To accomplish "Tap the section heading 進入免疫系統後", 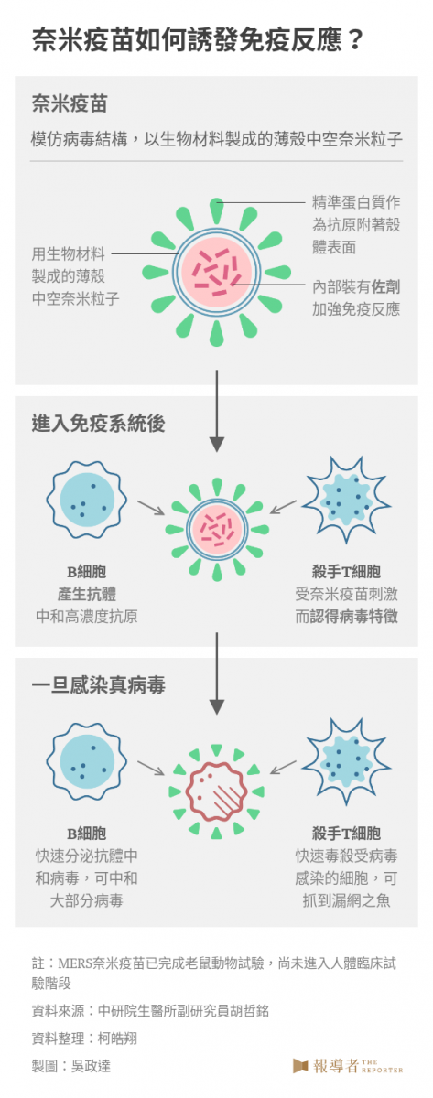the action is (x=98, y=424).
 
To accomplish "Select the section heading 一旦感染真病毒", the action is (x=98, y=684).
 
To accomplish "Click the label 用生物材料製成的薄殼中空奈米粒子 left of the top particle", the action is (x=75, y=276).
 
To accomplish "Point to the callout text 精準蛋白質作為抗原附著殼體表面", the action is (x=356, y=224).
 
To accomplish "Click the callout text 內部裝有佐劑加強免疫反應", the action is (x=356, y=297).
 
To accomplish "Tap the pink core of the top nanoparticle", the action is (x=217, y=273).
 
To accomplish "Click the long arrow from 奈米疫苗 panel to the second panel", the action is (x=217, y=411).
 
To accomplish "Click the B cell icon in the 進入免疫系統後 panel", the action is (x=87, y=500).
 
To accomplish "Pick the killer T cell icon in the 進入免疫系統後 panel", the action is (x=346, y=500).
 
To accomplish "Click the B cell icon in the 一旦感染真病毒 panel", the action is (x=87, y=761).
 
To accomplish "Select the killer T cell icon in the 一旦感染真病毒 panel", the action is (x=346, y=761).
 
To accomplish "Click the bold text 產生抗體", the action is (x=87, y=594).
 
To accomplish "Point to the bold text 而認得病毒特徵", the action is (x=346, y=616).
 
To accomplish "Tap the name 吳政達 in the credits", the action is (x=91, y=1066).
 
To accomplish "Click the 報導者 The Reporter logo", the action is (x=348, y=1066).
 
